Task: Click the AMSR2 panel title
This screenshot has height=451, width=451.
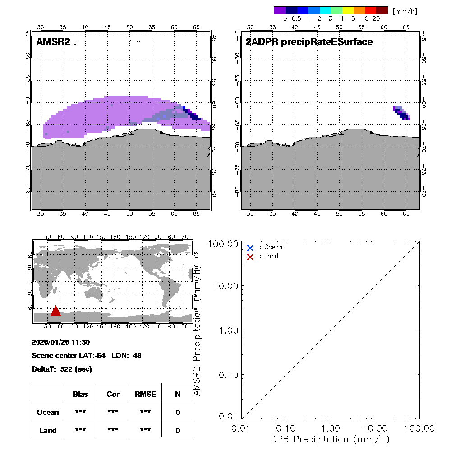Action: (x=53, y=42)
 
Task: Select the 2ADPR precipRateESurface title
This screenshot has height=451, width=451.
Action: (x=309, y=42)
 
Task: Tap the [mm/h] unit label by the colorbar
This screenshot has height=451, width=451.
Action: (x=405, y=10)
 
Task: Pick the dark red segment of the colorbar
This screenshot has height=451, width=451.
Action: (x=382, y=10)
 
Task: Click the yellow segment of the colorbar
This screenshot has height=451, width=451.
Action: (x=348, y=10)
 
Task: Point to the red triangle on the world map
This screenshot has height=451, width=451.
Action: (x=55, y=311)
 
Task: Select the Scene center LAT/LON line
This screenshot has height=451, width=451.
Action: (x=87, y=355)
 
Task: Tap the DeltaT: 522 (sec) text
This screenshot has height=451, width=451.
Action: (x=62, y=369)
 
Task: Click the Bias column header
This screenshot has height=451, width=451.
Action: (x=80, y=394)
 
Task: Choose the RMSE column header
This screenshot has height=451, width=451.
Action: (x=145, y=394)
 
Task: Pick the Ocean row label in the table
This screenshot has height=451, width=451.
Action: (x=48, y=412)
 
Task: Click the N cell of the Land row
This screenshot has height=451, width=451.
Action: (x=178, y=430)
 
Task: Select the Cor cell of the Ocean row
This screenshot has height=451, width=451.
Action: (x=113, y=412)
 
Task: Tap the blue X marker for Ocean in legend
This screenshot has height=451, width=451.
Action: (x=250, y=248)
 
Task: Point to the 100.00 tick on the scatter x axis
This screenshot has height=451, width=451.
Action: (x=419, y=428)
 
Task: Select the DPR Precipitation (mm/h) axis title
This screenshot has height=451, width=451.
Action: (x=330, y=439)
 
